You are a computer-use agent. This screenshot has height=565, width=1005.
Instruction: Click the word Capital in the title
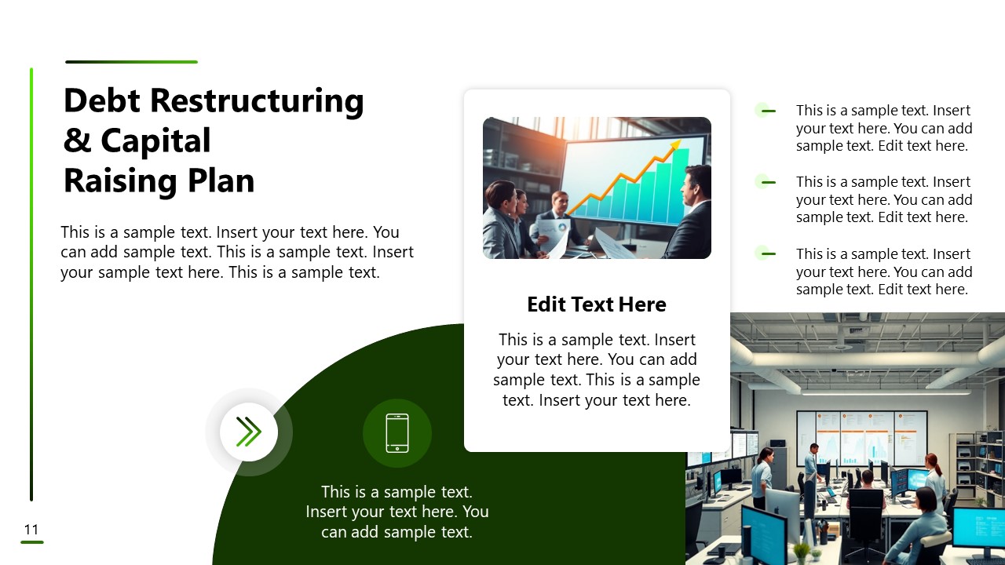tap(155, 141)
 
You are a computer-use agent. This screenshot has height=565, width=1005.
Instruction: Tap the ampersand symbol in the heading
tap(77, 141)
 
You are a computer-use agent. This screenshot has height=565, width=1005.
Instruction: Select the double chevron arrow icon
tap(249, 432)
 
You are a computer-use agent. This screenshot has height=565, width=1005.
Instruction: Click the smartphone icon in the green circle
tap(397, 433)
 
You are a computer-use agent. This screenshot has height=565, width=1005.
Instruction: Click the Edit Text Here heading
tap(597, 304)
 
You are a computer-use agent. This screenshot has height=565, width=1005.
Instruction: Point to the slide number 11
tap(31, 530)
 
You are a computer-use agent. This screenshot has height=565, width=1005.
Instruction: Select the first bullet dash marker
tap(768, 111)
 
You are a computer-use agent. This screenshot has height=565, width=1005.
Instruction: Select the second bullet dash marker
tap(768, 182)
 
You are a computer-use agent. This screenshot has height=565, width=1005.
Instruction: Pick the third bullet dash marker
tap(768, 253)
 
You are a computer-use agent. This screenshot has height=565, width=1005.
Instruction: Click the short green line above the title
tap(131, 62)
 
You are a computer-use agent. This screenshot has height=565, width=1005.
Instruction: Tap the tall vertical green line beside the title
tap(31, 282)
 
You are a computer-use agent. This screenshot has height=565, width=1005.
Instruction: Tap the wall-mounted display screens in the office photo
tap(862, 439)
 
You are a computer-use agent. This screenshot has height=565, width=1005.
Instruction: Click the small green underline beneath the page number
tap(31, 542)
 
